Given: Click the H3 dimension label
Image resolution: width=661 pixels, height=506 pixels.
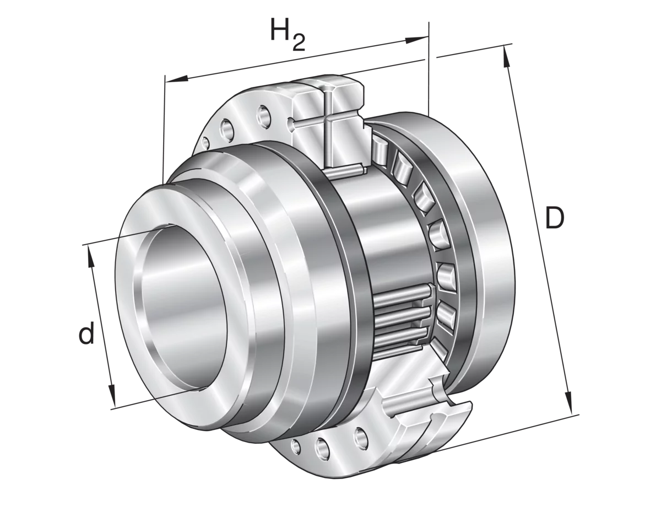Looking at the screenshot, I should (x=286, y=37).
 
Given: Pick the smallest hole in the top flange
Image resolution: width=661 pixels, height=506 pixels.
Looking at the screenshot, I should (x=206, y=142).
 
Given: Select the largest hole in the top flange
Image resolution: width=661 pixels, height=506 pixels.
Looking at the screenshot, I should (x=263, y=116).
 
